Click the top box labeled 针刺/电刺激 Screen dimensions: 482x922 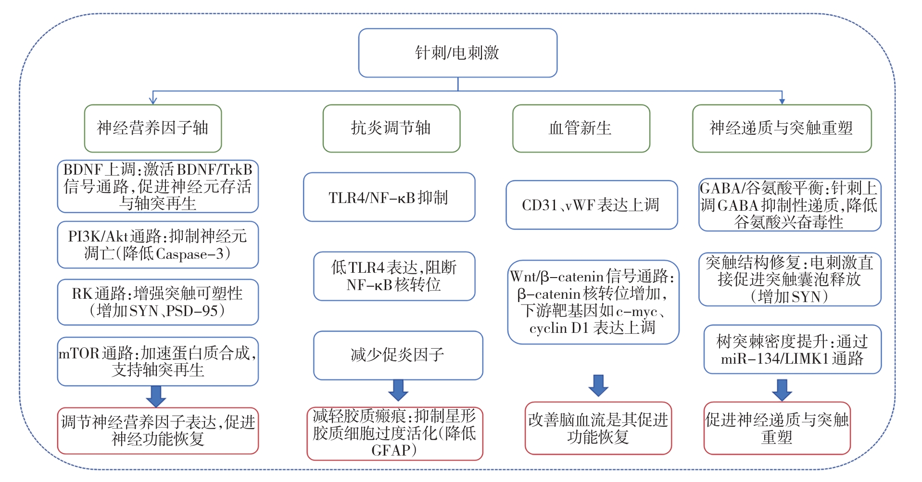tap(457, 53)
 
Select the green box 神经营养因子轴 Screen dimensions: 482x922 tap(152, 128)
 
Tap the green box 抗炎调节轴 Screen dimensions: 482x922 tap(391, 128)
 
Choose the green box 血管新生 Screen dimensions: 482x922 tap(581, 128)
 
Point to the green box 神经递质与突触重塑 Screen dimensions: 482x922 tap(781, 128)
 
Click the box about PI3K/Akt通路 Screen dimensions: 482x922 tap(157, 245)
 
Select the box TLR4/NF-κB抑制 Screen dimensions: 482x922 tap(389, 197)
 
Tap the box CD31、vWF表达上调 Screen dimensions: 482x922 tap(591, 205)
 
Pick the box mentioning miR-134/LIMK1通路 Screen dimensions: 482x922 tap(792, 350)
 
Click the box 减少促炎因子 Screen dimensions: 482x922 tap(397, 355)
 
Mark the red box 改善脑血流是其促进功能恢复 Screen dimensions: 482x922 tap(598, 428)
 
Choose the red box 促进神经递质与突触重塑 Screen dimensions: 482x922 tap(776, 428)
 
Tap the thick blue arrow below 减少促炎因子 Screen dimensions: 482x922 tap(398, 390)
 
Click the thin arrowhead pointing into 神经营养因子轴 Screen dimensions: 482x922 tap(153, 100)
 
